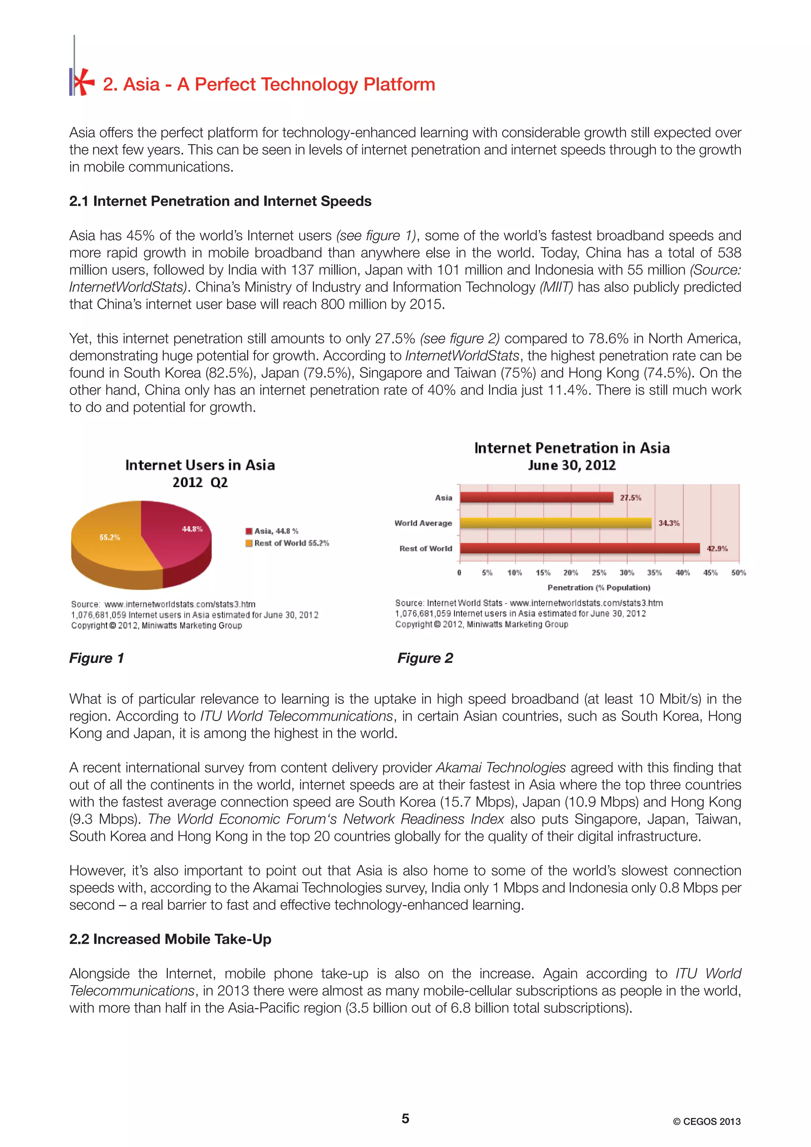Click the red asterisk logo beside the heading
click(x=82, y=82)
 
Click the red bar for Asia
click(x=536, y=498)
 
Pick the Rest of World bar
click(x=580, y=549)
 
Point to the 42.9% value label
click(x=717, y=549)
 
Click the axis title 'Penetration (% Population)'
click(x=599, y=587)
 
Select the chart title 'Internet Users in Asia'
click(x=200, y=465)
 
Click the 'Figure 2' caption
click(x=425, y=658)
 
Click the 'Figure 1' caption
click(x=97, y=658)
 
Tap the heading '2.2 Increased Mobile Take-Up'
click(x=170, y=939)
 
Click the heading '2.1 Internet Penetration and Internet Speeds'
click(x=220, y=201)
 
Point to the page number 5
click(x=405, y=1119)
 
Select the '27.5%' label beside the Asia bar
click(x=630, y=498)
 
